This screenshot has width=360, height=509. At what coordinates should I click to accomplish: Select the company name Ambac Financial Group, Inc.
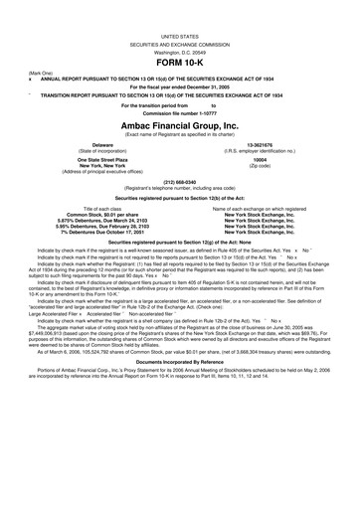pyautogui.click(x=180, y=127)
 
